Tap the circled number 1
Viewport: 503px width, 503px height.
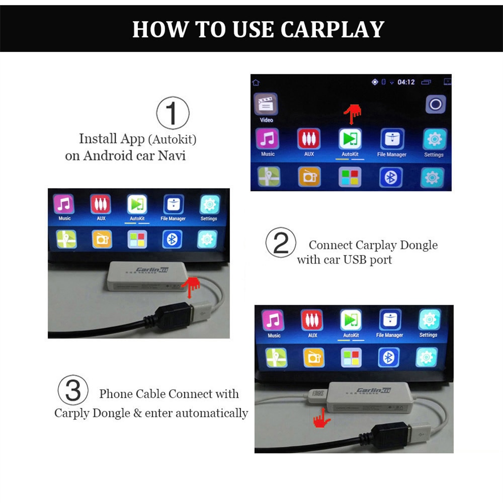[x=173, y=113]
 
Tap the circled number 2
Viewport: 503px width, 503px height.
[x=281, y=243]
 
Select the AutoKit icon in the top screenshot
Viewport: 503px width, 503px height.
[x=350, y=139]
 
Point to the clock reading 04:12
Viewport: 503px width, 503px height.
[x=406, y=82]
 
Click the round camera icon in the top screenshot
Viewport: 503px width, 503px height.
[x=436, y=105]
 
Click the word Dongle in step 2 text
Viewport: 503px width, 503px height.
[x=418, y=245]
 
